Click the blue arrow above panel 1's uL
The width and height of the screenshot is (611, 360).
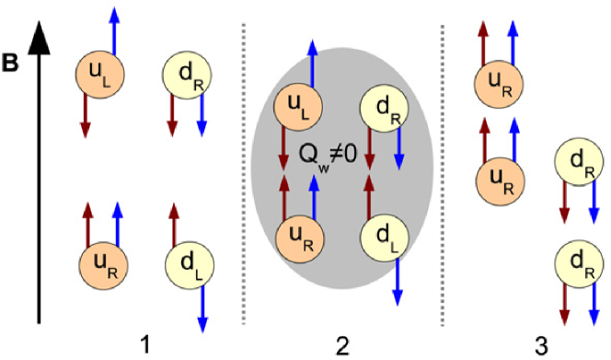pos(114,28)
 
